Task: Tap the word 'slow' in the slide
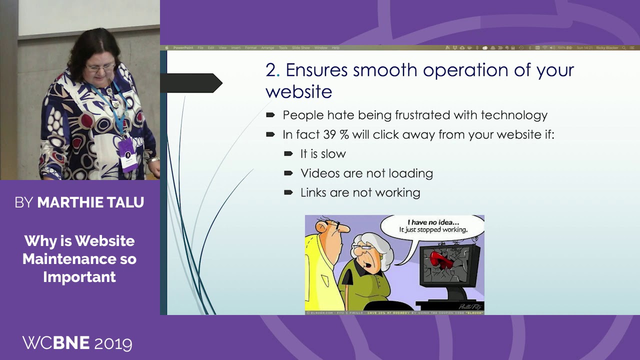(x=334, y=154)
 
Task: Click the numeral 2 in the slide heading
(x=270, y=70)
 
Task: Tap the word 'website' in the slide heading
(x=298, y=91)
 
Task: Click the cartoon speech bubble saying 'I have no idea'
(x=432, y=226)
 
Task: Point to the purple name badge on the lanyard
(x=127, y=154)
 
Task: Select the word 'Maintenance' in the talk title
(x=79, y=259)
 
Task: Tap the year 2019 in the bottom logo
(x=113, y=343)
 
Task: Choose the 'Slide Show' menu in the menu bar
(x=300, y=48)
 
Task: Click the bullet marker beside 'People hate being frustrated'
(x=270, y=115)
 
